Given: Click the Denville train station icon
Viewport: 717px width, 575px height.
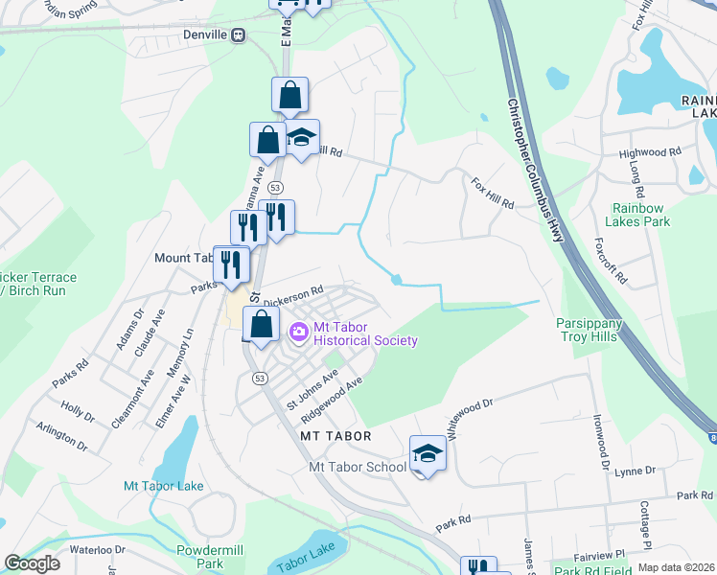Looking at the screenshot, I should click(x=239, y=34).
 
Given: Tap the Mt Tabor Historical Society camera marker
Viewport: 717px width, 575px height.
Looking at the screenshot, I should click(x=298, y=332).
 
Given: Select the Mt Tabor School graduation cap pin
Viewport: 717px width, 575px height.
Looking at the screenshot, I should click(x=428, y=454).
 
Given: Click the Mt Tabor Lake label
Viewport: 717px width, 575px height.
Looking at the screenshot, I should click(x=163, y=486).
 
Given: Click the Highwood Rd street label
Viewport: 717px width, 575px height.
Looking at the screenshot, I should click(x=649, y=152).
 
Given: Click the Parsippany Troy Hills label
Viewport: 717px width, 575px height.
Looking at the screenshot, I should click(x=590, y=332).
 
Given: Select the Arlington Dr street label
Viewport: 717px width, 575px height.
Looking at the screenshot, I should click(x=62, y=438).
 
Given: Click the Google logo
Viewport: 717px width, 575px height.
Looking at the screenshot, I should click(x=33, y=563).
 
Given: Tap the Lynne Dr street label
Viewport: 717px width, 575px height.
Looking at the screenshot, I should click(x=636, y=471).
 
